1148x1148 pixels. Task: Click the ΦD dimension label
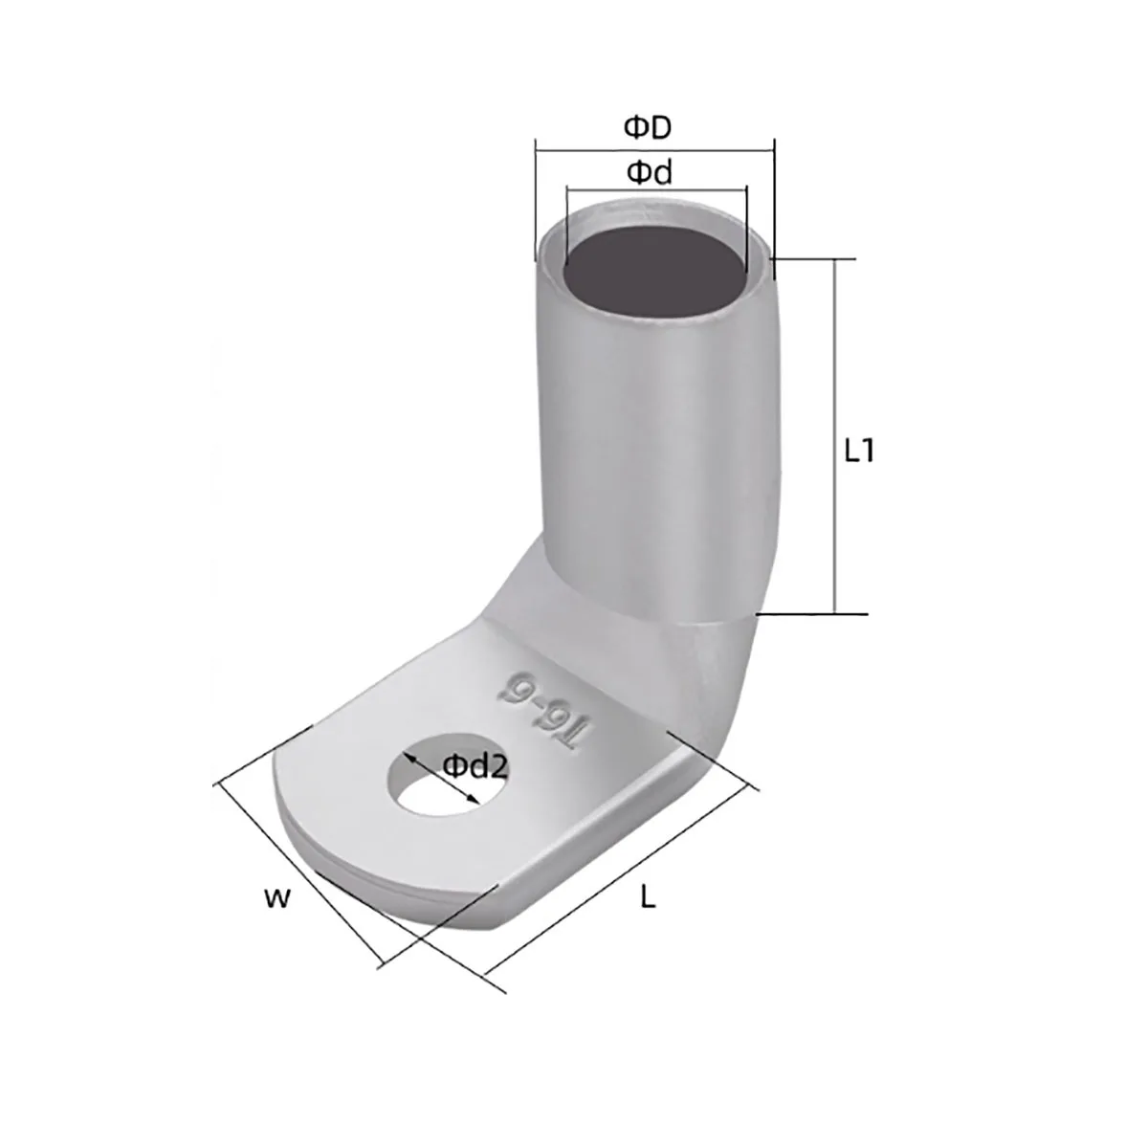tap(648, 127)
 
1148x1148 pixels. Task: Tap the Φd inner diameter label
tap(650, 173)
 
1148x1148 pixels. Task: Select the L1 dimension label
tap(859, 453)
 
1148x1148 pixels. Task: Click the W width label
tap(277, 897)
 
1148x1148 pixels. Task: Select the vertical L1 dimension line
tap(834, 436)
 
